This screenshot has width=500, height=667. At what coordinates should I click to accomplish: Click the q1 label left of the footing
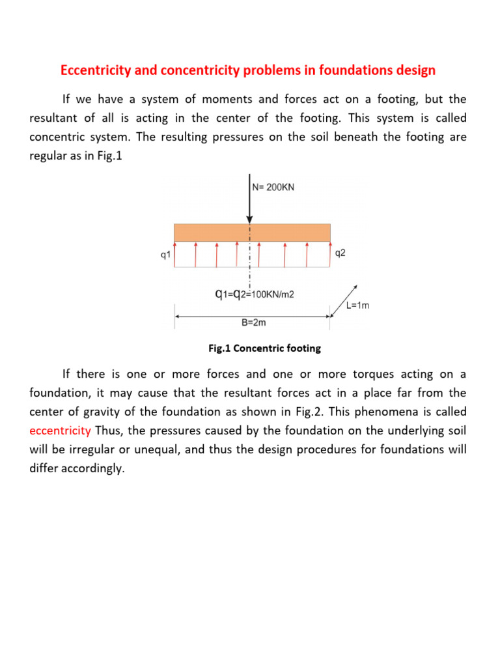165,255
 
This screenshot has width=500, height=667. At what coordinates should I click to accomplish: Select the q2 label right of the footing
339,253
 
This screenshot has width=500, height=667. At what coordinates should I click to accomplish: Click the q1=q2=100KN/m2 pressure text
254,294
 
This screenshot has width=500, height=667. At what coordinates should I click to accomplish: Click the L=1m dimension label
356,305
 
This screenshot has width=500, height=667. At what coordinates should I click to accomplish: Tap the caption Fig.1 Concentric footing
264,348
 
